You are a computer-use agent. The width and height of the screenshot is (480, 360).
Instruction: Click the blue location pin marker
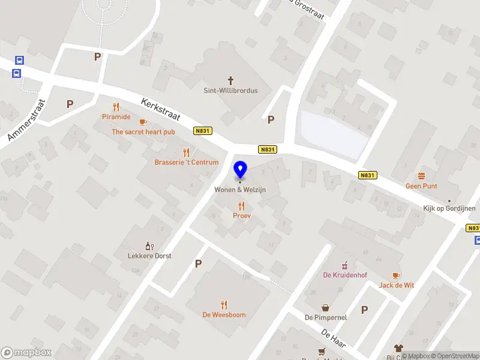pos(240,170)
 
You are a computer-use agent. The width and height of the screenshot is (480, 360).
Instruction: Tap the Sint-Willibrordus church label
pos(230,91)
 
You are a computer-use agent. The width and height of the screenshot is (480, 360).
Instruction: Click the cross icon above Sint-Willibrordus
pos(230,80)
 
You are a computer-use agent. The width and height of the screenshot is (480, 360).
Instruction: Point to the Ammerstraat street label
pos(27,121)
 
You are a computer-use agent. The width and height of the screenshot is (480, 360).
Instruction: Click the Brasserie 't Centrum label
pos(186,163)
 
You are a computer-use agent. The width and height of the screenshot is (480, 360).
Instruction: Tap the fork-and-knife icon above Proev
pos(242,206)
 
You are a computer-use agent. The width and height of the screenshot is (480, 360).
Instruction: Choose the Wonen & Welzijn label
pos(240,190)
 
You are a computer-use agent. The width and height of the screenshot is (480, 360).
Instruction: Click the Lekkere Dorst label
pos(149,256)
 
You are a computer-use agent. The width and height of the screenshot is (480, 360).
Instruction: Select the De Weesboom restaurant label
pos(224,314)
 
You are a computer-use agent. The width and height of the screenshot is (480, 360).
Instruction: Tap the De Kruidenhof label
pos(345,275)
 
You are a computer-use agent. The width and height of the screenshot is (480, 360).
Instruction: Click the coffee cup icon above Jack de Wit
pos(396,275)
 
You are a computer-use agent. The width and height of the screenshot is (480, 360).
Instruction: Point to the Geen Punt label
pos(421,186)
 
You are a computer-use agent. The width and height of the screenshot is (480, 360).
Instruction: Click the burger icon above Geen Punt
pos(421,176)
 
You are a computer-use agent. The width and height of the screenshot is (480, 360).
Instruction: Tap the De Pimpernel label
pos(325,317)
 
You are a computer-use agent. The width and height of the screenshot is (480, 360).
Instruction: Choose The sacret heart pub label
pos(143,131)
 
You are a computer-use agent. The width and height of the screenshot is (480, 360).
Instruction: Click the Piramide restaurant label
pos(116,117)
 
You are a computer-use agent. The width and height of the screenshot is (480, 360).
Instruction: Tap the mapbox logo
pos(26,353)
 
